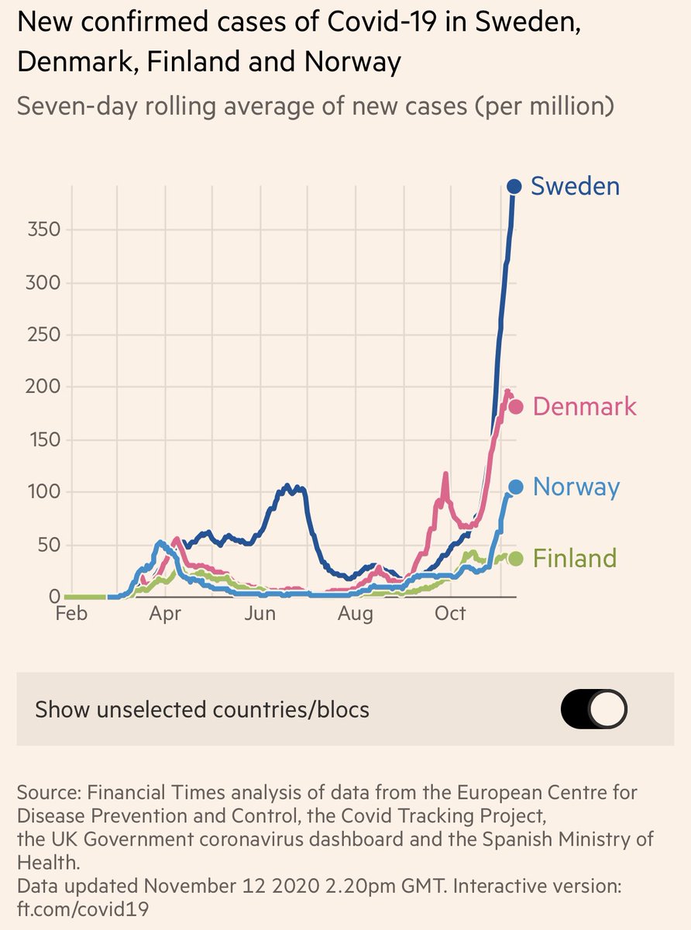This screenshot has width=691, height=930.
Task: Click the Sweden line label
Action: click(x=575, y=187)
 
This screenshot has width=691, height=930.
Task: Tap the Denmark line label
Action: click(x=585, y=407)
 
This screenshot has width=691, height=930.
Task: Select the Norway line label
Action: click(x=576, y=487)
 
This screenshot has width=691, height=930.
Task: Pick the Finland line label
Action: click(x=575, y=559)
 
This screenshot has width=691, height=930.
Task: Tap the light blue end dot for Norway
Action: click(x=516, y=487)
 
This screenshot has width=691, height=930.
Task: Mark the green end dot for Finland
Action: click(x=516, y=559)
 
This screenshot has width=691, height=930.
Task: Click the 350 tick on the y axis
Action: click(x=45, y=230)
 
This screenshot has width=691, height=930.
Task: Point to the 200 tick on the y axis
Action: click(x=45, y=387)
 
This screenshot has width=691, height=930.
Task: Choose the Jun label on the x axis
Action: click(x=260, y=615)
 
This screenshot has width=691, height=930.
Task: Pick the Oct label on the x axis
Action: click(x=450, y=615)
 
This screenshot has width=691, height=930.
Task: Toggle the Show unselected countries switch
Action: click(x=594, y=709)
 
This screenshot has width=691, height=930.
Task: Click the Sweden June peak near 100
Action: click(x=287, y=487)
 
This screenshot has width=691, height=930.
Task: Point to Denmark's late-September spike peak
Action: click(x=445, y=474)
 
